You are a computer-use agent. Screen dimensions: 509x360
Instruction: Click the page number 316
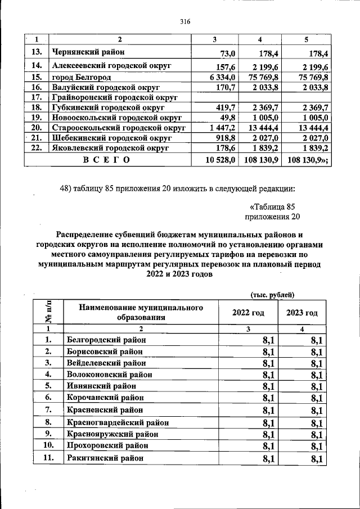coord(185,22)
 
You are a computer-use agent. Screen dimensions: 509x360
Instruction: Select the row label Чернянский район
coord(87,53)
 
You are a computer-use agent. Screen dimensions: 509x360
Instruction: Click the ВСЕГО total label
coord(106,160)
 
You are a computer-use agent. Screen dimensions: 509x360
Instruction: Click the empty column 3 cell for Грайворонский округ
coord(215,97)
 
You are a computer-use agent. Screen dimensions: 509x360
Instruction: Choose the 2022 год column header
coord(247,313)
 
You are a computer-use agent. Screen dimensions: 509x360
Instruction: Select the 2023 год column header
coord(302,313)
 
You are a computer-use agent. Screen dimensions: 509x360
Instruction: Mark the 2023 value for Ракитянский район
coord(315,460)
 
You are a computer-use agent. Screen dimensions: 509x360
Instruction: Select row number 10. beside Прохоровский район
coord(48,445)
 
